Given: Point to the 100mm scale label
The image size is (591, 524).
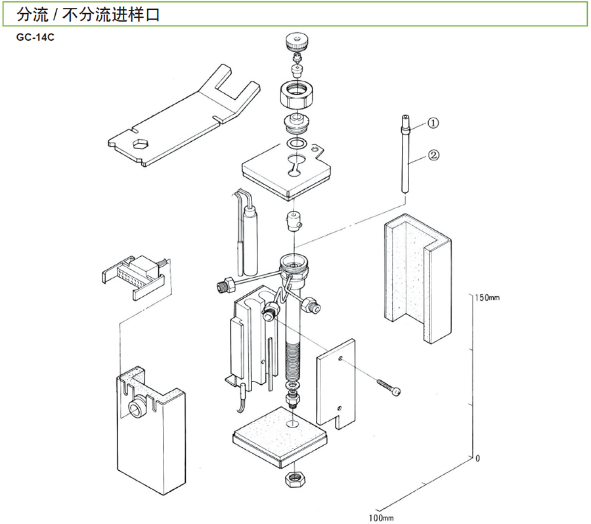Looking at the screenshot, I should point(380,517).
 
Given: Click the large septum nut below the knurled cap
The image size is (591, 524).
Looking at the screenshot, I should point(299,95).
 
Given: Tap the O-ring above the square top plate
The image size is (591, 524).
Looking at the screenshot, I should point(297,143).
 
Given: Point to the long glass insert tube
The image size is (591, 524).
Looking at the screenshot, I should point(406,158).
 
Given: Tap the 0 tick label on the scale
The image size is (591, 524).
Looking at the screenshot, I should point(478,458).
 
